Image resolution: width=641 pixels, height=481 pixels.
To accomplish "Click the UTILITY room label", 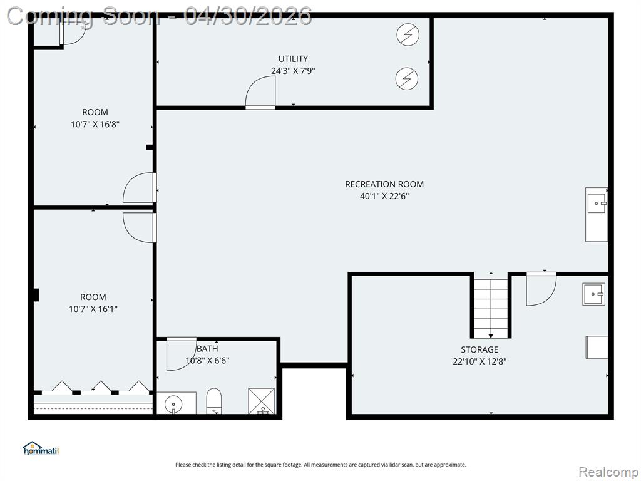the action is point(293,59).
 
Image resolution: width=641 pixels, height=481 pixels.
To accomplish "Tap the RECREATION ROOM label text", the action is point(384,185).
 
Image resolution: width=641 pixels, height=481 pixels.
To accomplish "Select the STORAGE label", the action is point(479,349).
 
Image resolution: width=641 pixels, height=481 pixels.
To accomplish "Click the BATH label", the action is point(207,349).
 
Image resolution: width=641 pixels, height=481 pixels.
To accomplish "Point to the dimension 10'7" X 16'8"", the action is point(95,125).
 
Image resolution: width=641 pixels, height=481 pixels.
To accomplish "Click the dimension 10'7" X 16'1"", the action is point(93,309).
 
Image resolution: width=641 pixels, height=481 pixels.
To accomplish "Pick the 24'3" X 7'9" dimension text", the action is point(293,71).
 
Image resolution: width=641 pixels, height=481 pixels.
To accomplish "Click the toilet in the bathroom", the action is point(214,401).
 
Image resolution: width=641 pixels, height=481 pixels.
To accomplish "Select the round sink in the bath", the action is point(173,405).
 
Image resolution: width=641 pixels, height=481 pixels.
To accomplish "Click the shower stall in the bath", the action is point(262,401).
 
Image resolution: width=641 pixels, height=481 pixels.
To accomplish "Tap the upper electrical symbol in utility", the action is point(408,34).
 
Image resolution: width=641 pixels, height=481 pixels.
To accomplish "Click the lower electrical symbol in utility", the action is point(407,78).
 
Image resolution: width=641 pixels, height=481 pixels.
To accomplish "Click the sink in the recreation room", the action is point(597,204).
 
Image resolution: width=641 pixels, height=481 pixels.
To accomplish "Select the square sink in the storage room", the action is point(593,294).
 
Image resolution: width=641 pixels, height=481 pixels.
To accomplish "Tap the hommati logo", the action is point(41,448).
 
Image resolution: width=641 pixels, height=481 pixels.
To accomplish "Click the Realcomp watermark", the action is point(608,472).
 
